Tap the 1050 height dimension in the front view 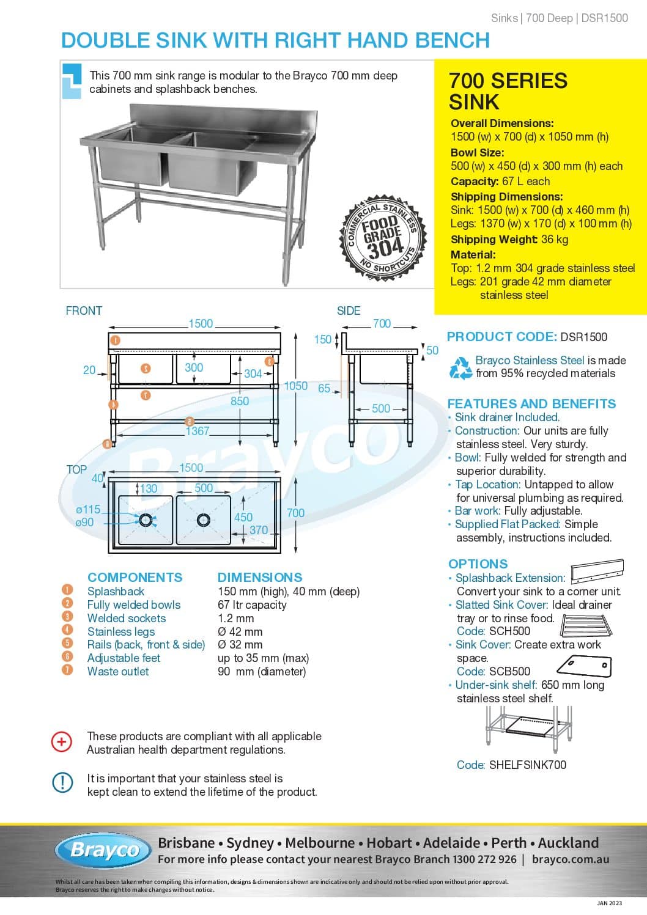295,386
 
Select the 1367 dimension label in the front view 198,431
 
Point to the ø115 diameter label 88,509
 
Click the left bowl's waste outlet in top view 146,520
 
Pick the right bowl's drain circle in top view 204,520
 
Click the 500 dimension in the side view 381,408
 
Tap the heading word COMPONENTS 135,577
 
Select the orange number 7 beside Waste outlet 67,671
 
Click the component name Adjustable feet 124,658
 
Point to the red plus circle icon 62,742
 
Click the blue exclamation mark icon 62,783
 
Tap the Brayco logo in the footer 103,850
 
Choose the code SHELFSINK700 528,765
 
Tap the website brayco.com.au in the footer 571,859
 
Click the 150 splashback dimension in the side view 322,339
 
